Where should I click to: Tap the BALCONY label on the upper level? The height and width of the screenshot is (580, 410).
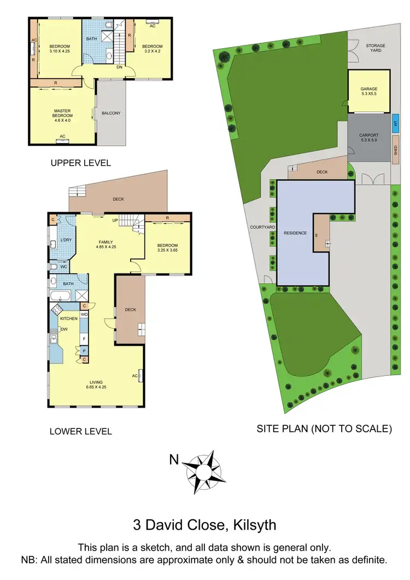[111, 113]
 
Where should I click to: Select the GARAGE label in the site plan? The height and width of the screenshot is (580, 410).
[368, 91]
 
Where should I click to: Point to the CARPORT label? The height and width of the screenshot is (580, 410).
[368, 137]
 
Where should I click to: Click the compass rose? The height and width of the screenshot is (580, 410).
[204, 468]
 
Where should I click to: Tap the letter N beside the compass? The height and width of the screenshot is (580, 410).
[173, 460]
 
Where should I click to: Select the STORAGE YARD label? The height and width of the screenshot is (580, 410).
[376, 49]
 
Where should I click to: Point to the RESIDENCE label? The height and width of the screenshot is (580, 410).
[295, 233]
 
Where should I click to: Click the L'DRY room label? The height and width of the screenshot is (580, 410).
[66, 240]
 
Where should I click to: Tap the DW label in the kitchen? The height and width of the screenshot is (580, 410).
[63, 329]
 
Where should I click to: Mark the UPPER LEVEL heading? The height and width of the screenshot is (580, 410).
[80, 163]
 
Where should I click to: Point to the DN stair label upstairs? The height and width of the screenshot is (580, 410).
[119, 67]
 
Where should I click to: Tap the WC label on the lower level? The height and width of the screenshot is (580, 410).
[63, 267]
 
